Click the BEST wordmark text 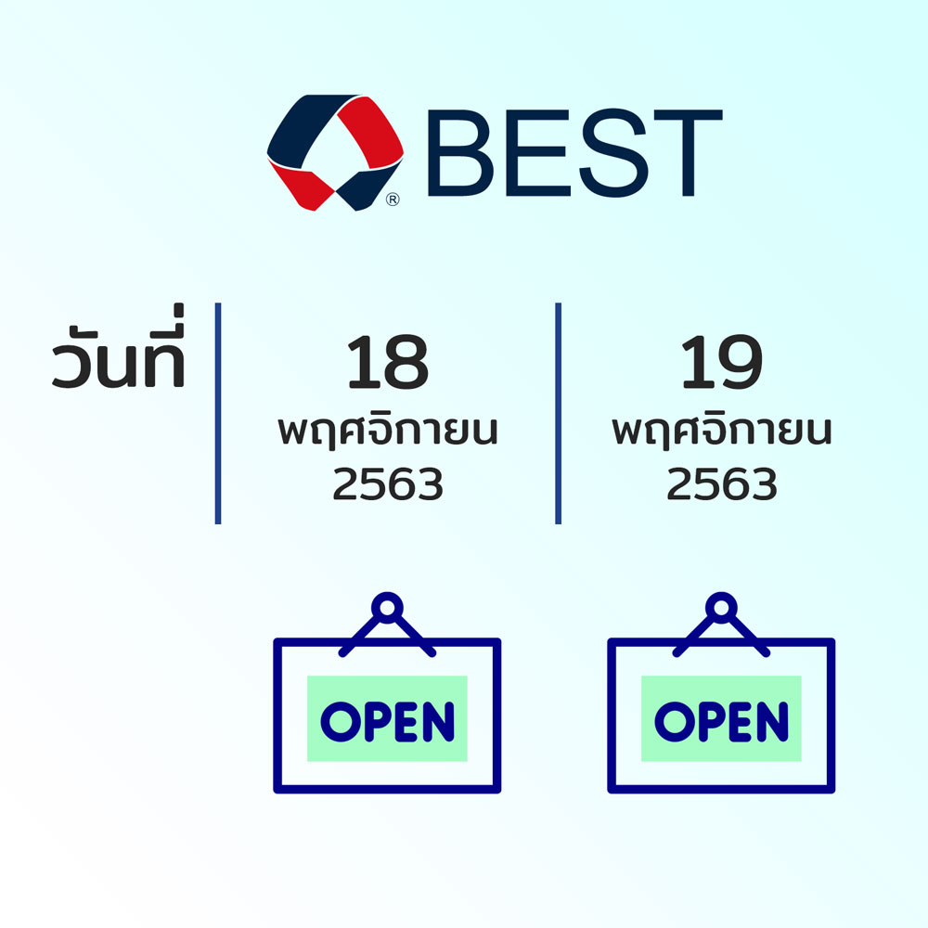pyautogui.click(x=574, y=153)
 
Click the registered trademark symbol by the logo pyautogui.click(x=393, y=200)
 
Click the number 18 pyautogui.click(x=388, y=362)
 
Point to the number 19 pyautogui.click(x=721, y=362)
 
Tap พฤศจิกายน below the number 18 pyautogui.click(x=388, y=431)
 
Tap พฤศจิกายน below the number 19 pyautogui.click(x=721, y=431)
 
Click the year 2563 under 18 pyautogui.click(x=388, y=483)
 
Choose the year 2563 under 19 pyautogui.click(x=721, y=483)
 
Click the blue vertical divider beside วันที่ pyautogui.click(x=218, y=413)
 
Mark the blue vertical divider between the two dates pyautogui.click(x=558, y=413)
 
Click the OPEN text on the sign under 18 pyautogui.click(x=387, y=721)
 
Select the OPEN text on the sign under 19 pyautogui.click(x=721, y=721)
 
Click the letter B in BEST pyautogui.click(x=460, y=153)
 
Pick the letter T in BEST pyautogui.click(x=688, y=153)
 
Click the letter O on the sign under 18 pyautogui.click(x=341, y=721)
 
